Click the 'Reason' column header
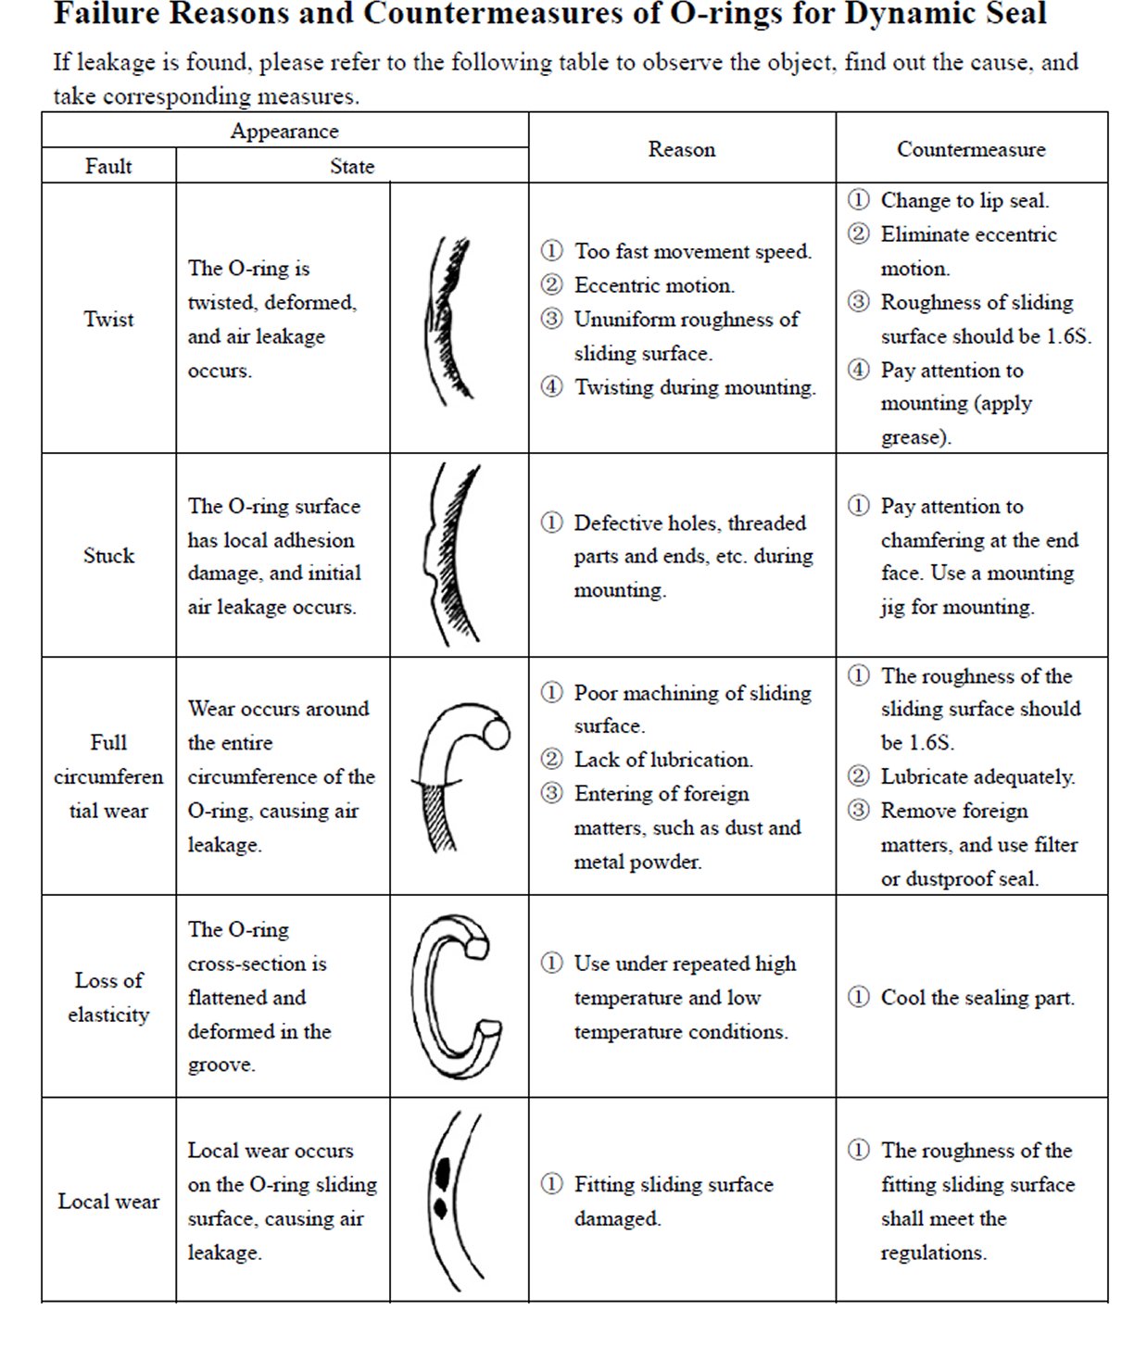pos(681,149)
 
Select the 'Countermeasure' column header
pos(970,149)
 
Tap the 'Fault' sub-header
pos(108,167)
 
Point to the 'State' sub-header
pos(352,167)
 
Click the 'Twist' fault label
pos(108,320)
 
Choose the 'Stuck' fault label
pos(108,556)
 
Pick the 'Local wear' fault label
pos(108,1202)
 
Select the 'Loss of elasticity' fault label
pos(108,997)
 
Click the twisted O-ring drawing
pos(449,320)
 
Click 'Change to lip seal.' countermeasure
pos(964,201)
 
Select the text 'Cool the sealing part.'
pos(977,998)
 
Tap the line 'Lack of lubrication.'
pos(662,760)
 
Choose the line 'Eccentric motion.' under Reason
pos(653,285)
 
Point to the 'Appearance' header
pos(284,132)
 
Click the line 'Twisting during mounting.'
pos(694,387)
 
